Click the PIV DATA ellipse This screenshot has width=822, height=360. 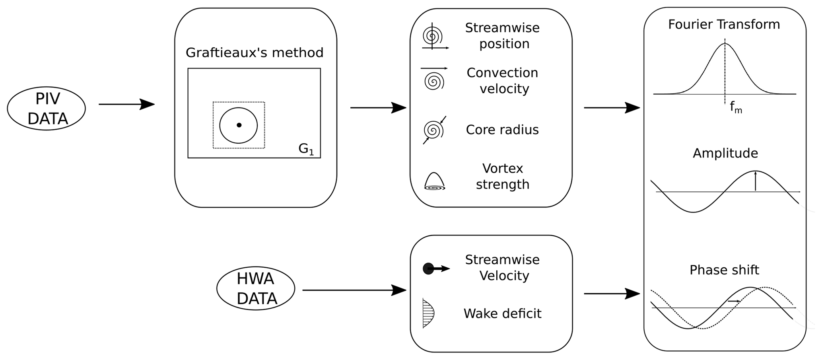coord(47,109)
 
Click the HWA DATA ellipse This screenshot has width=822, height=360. coord(256,288)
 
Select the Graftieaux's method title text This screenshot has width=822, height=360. coord(255,53)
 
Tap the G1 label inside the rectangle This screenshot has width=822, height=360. coord(306,149)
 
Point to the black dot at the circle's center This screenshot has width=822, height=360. coord(239,125)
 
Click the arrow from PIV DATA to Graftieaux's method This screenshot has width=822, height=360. coord(126,105)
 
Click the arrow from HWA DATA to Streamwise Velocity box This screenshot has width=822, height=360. coord(354,290)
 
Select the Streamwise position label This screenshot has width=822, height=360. coord(503,36)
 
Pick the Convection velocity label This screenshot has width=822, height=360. coord(503,81)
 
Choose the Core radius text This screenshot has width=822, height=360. coord(502,130)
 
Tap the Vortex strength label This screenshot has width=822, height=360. coord(503,176)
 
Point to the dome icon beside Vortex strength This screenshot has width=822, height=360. coord(434,181)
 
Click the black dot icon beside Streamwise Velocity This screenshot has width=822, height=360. coord(429,269)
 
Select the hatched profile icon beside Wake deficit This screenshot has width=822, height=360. coord(428,313)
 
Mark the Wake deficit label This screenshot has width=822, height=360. coord(502,313)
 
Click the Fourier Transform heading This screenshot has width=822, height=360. coord(724,25)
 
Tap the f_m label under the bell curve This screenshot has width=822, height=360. coord(736,107)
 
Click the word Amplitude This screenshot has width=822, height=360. coord(725,154)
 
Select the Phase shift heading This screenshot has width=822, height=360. coord(724,270)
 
